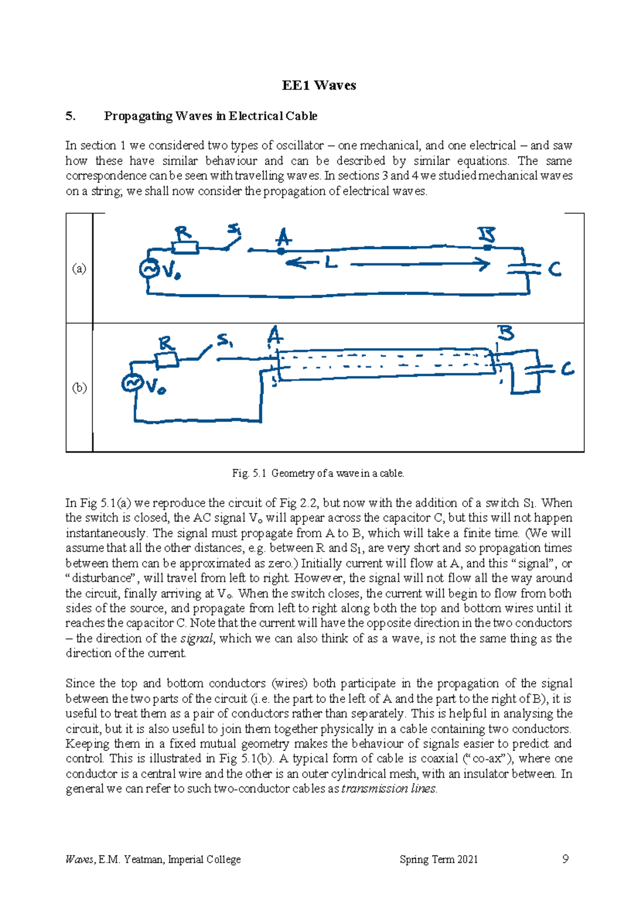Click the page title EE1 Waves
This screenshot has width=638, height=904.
(x=319, y=86)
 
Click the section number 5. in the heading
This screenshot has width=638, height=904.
(x=70, y=116)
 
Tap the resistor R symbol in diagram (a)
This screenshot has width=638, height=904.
(x=185, y=247)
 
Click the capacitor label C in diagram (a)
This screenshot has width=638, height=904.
(x=555, y=270)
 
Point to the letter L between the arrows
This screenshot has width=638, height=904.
(x=331, y=262)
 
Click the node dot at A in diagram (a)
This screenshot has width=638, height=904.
(x=281, y=251)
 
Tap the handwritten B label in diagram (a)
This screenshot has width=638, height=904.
(x=486, y=235)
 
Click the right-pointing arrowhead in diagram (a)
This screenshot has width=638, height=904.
(x=484, y=264)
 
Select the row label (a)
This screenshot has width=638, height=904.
(x=79, y=269)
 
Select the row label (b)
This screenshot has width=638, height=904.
(x=79, y=388)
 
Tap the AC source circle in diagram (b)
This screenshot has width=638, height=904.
(x=131, y=383)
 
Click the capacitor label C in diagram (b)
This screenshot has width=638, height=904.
(x=568, y=369)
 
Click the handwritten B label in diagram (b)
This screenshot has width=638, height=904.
(x=505, y=334)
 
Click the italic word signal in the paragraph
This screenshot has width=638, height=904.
(x=197, y=638)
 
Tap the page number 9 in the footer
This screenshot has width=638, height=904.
(x=565, y=859)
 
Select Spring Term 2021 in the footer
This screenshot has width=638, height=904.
(x=439, y=859)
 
